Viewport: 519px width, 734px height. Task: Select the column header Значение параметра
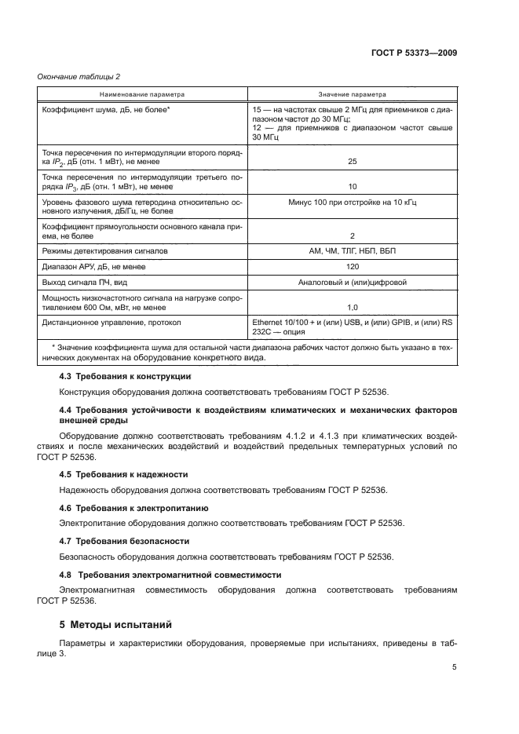(352, 94)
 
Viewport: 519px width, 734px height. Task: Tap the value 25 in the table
(352, 162)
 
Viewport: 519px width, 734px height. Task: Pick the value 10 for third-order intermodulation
(352, 187)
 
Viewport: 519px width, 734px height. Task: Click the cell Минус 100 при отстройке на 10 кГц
(352, 202)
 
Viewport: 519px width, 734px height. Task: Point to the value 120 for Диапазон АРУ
(352, 266)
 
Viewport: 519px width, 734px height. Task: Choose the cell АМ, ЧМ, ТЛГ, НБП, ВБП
(352, 250)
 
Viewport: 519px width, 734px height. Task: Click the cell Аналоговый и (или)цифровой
(352, 282)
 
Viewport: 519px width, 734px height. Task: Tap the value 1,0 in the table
(352, 307)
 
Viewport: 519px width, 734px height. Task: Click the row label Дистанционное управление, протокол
(111, 323)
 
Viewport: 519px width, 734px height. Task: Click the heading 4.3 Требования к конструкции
(126, 376)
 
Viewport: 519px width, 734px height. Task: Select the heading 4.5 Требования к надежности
(123, 474)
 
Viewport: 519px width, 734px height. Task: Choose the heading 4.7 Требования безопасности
(124, 541)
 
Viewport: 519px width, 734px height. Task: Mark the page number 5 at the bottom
(455, 667)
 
